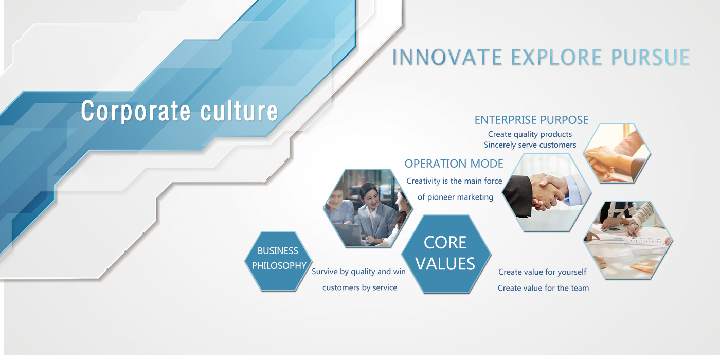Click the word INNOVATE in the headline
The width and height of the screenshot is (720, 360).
447,57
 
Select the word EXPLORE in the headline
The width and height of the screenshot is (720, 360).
556,57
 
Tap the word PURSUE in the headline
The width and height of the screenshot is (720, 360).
651,57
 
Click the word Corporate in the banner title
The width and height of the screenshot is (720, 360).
136,111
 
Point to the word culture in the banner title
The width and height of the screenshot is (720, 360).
239,111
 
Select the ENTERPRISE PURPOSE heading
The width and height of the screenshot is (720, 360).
532,120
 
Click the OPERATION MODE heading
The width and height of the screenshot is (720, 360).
454,164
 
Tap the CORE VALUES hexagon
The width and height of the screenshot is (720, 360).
446,254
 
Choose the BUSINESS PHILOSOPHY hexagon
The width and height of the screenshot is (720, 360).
278,261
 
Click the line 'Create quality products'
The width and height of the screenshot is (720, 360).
530,134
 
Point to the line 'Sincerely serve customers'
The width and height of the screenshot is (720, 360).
530,145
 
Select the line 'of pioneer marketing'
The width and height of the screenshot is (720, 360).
456,197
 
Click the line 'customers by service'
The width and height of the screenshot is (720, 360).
360,287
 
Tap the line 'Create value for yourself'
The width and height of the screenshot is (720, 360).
543,272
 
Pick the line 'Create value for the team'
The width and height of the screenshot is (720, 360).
544,288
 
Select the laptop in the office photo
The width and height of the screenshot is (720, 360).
348,235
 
